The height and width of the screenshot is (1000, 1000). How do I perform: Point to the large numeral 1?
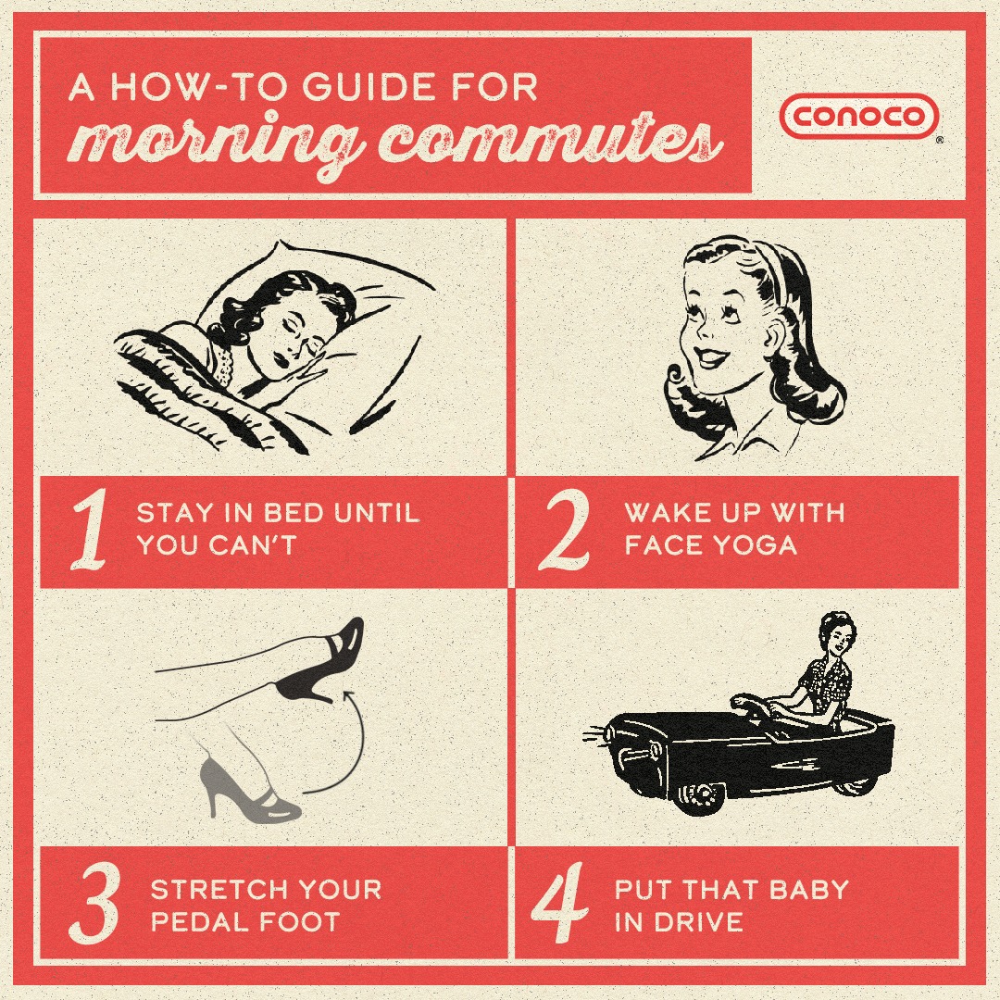coord(88,532)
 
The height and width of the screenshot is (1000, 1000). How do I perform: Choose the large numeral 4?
coord(559,901)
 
